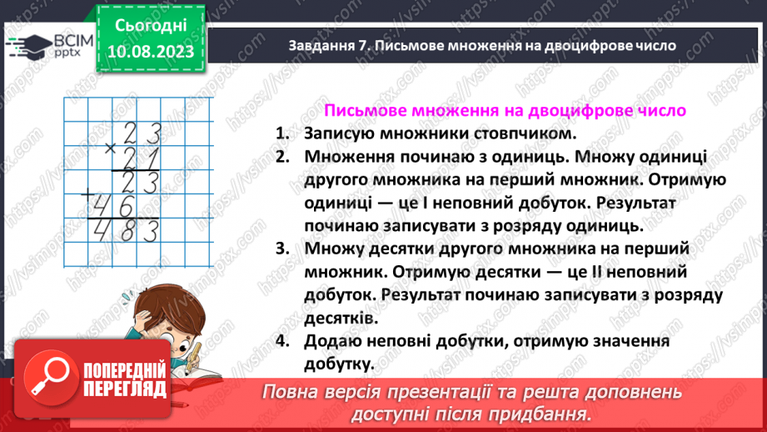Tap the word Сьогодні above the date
(151, 27)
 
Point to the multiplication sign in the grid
(110, 149)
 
